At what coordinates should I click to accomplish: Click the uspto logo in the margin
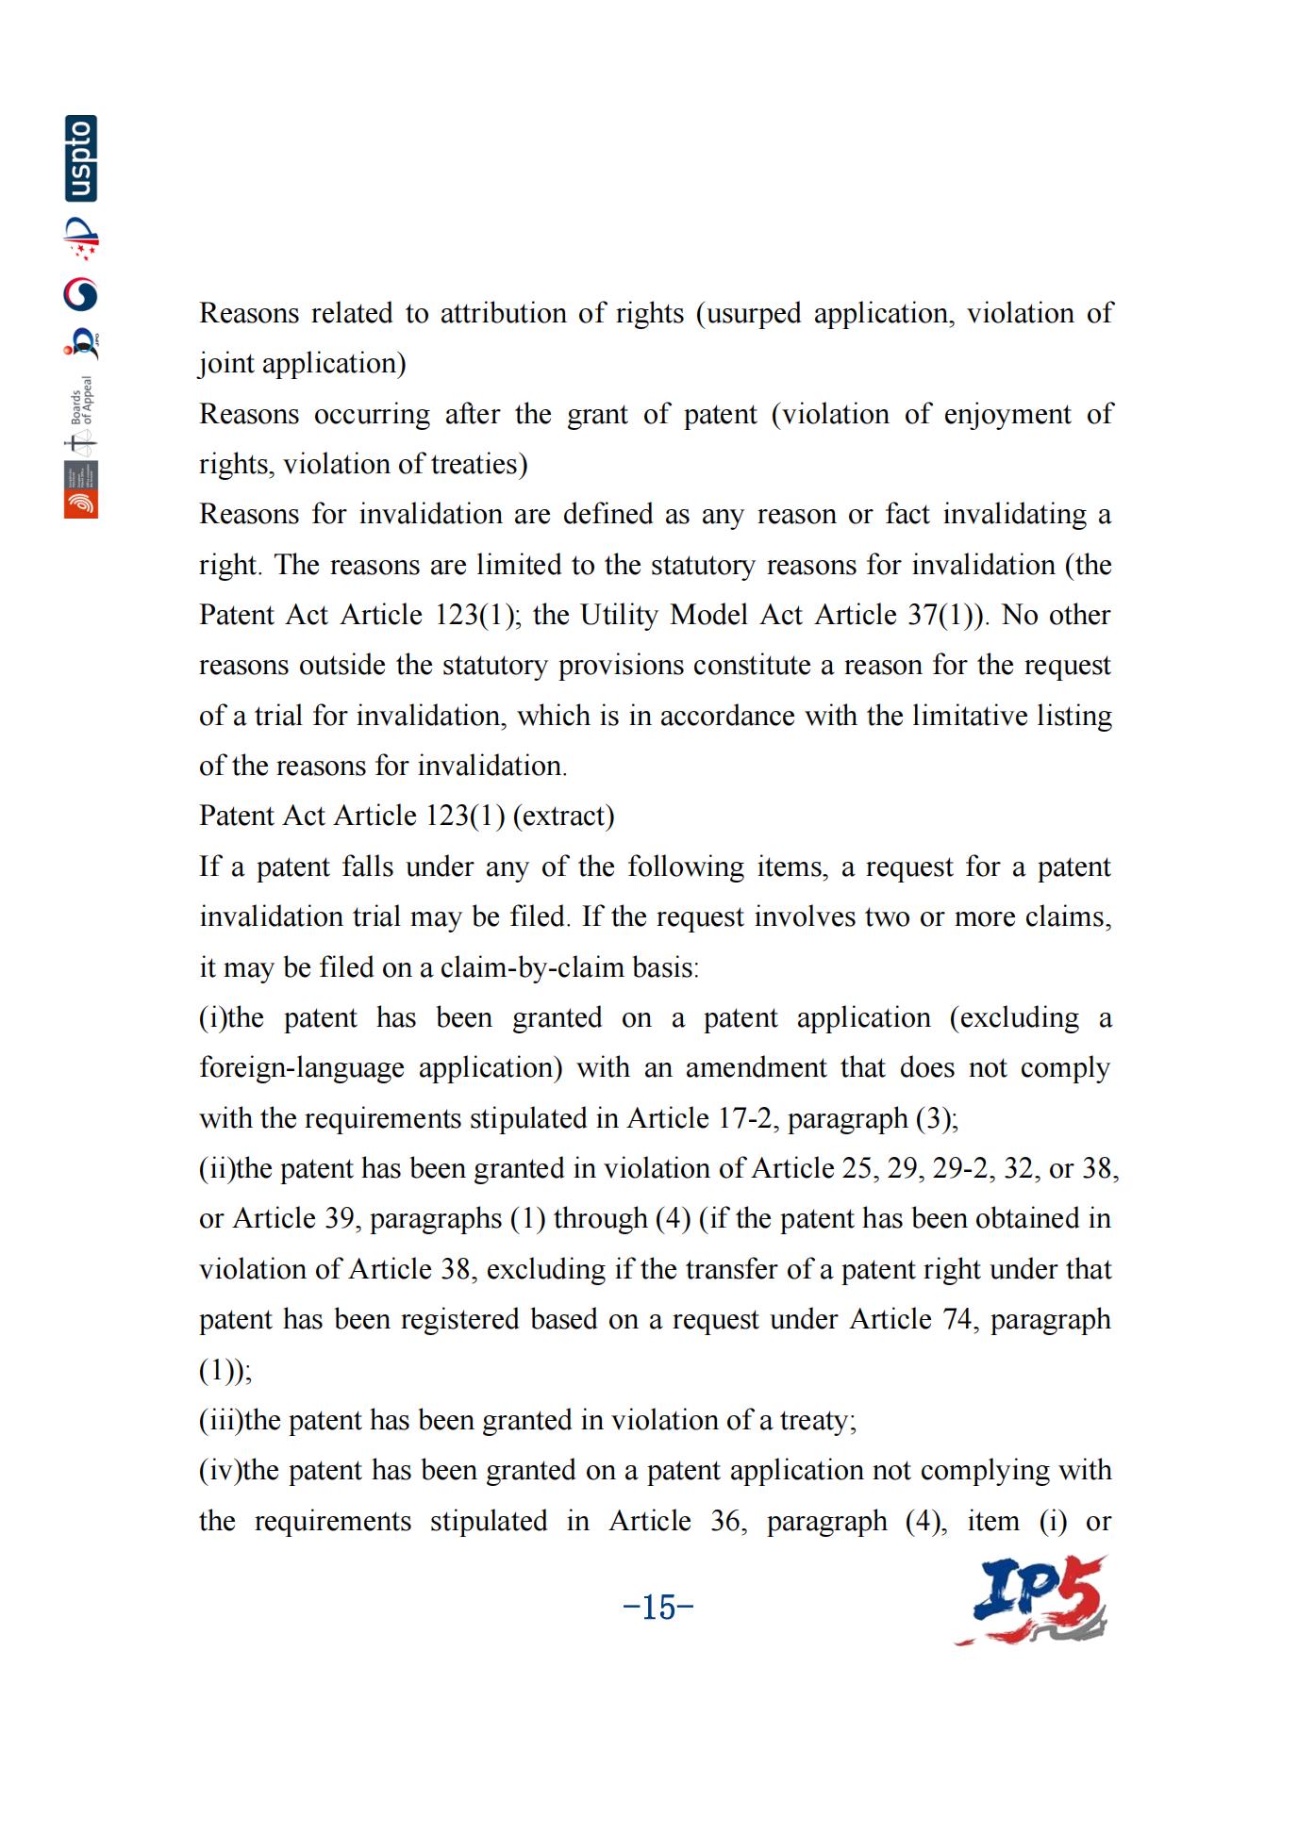81,158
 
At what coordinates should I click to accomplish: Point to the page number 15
658,1607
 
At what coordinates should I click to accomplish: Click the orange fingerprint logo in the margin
81,503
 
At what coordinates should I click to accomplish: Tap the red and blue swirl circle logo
81,294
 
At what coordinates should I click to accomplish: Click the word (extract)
563,816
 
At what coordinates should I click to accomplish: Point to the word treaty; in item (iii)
818,1420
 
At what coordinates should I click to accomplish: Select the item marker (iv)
220,1471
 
